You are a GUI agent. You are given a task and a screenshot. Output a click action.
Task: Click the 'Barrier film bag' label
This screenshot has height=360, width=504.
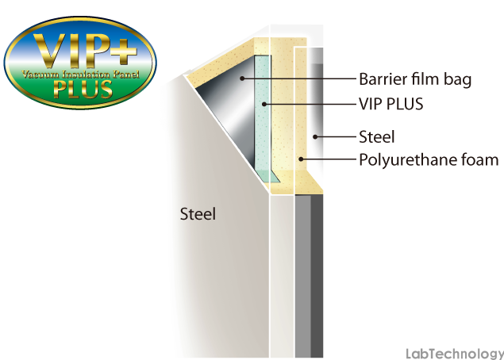[415, 79]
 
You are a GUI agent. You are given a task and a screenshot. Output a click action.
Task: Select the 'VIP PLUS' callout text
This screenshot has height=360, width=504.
[391, 104]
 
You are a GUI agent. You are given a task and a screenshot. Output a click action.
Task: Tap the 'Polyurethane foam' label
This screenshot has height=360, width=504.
[429, 160]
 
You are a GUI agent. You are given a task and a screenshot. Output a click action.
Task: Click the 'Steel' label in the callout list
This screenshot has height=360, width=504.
[376, 137]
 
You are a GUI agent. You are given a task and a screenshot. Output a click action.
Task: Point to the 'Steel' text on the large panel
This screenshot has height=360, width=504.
[198, 214]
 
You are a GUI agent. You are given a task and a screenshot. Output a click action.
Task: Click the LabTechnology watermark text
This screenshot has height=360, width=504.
[455, 354]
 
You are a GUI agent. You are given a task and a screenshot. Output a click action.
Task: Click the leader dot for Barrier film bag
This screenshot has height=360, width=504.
[242, 78]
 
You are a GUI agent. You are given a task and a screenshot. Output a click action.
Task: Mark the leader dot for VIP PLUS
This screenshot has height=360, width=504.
[264, 104]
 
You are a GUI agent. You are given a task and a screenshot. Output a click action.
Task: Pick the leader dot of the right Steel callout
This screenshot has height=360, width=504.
[315, 137]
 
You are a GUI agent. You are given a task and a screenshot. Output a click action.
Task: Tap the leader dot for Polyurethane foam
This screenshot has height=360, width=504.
[301, 159]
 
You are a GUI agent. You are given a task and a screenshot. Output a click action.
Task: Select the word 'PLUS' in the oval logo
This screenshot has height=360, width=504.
[83, 89]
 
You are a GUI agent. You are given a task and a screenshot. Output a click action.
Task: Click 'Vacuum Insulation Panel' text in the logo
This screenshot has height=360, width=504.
[81, 75]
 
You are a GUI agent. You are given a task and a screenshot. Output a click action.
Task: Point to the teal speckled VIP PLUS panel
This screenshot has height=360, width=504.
[263, 116]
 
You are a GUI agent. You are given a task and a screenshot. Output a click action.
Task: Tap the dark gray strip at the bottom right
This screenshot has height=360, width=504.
[317, 276]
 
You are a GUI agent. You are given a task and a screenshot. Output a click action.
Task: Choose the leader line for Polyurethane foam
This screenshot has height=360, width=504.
[329, 159]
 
